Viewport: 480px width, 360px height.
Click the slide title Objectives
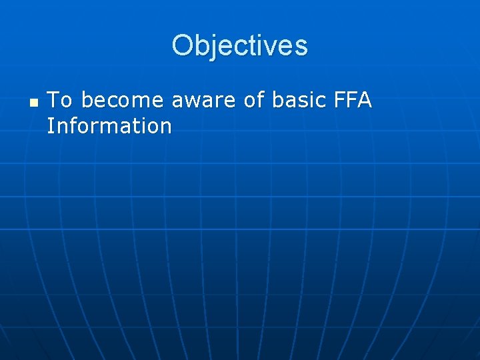click(x=239, y=46)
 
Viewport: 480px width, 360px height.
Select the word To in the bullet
click(x=60, y=101)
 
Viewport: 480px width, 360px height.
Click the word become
click(x=122, y=101)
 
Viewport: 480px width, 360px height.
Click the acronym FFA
click(x=351, y=101)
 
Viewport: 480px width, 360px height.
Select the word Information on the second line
click(x=109, y=125)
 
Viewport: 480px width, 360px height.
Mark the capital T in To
click(x=54, y=101)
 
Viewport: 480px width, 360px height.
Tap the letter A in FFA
click(x=364, y=101)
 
